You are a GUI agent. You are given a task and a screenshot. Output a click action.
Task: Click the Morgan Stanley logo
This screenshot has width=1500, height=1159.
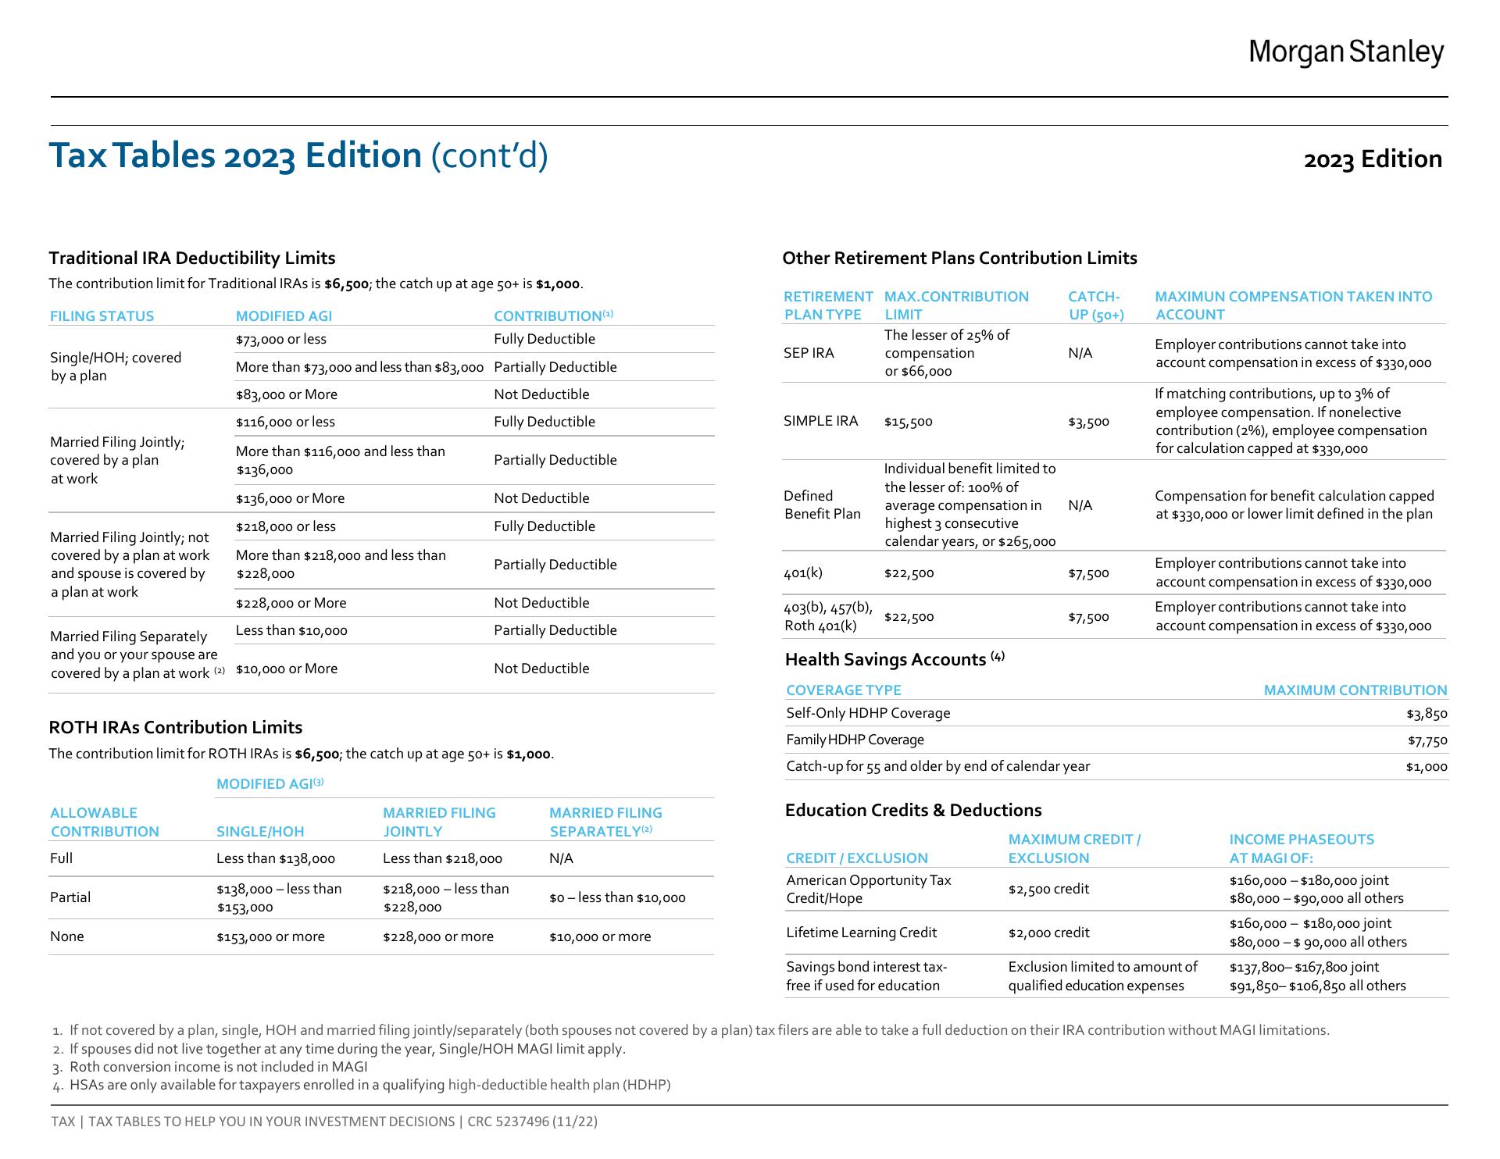click(1345, 52)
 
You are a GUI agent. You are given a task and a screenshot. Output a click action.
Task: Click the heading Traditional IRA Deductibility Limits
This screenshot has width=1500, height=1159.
click(192, 259)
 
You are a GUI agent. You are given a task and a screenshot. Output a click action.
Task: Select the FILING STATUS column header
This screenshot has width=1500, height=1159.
click(102, 316)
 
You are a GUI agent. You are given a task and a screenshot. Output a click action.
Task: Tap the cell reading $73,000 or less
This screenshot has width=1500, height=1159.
click(281, 340)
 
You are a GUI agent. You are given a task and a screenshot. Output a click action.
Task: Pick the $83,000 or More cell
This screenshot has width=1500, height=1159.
click(287, 394)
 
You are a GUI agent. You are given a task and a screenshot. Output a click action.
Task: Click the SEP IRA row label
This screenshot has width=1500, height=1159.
click(809, 353)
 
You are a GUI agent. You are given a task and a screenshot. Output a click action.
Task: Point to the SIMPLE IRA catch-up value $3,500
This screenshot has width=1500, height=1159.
click(1088, 422)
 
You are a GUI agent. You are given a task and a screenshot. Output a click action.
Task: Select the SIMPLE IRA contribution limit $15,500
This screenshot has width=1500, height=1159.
click(908, 422)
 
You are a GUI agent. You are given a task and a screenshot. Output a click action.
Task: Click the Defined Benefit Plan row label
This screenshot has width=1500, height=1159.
click(822, 505)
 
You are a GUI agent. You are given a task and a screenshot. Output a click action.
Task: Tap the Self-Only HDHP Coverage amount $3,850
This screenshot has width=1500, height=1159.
click(1427, 714)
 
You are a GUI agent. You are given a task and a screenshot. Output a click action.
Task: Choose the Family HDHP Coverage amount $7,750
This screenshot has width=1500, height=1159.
click(1427, 740)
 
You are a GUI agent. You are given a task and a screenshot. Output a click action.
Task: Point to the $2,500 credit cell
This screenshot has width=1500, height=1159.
click(1048, 890)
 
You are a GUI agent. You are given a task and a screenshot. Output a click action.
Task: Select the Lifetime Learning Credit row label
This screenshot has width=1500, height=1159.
click(861, 933)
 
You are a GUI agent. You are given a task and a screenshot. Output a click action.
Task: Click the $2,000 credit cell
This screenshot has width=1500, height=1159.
click(1048, 933)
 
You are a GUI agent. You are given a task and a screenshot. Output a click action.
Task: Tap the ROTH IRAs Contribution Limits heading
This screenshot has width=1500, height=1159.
click(176, 728)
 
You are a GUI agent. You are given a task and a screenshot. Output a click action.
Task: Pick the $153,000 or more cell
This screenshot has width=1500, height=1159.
click(270, 937)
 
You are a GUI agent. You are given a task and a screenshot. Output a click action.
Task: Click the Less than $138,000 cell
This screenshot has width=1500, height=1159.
click(275, 859)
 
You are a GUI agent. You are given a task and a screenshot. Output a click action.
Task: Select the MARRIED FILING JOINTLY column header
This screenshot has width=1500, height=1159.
click(439, 822)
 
